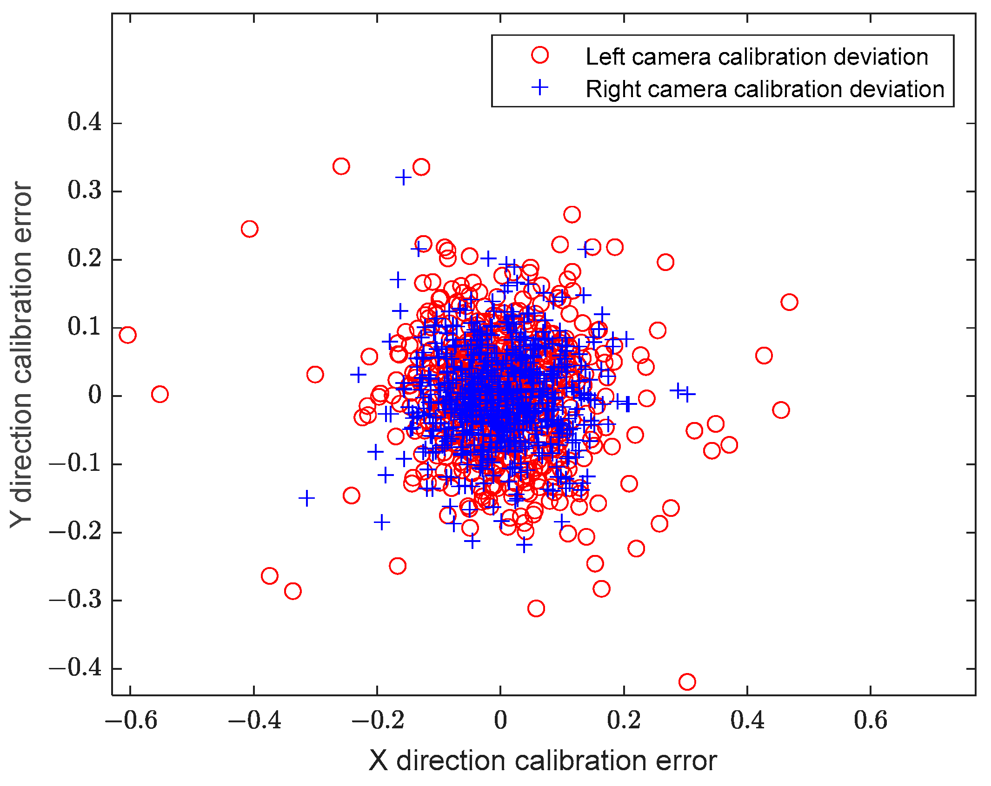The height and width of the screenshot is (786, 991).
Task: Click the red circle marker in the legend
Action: [539, 55]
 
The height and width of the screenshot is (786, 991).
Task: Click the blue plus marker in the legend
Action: [539, 87]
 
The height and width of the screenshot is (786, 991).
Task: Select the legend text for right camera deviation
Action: [765, 89]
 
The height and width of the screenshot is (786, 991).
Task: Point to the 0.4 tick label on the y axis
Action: [85, 123]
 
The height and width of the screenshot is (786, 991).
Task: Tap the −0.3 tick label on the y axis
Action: [75, 600]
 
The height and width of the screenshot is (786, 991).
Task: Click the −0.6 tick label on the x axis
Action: [131, 720]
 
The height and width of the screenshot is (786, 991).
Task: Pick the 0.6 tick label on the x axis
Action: [870, 720]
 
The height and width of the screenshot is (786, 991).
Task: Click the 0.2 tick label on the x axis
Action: [623, 720]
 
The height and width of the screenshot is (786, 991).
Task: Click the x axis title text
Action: [543, 761]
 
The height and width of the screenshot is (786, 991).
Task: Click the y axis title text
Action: [21, 354]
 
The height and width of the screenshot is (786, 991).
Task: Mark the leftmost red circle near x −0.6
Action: [127, 335]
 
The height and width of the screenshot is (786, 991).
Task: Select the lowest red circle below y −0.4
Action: [687, 682]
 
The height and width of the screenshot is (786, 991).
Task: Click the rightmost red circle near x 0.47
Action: [789, 302]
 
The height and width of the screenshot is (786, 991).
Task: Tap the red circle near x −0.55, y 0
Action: [160, 394]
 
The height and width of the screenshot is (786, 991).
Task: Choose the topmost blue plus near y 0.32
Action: [403, 177]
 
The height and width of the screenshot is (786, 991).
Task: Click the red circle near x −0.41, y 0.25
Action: [250, 229]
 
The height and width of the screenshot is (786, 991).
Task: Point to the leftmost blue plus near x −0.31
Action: [306, 499]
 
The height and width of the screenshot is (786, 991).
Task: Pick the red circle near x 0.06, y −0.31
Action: [536, 608]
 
